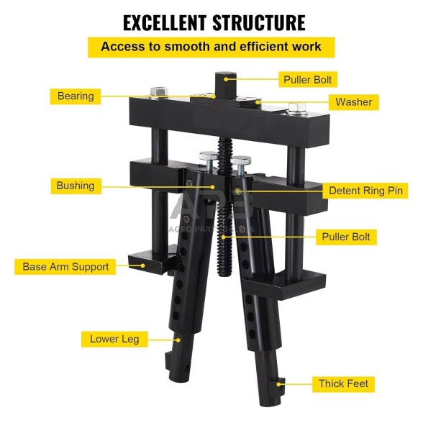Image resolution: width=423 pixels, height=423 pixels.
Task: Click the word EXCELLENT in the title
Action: (165, 23)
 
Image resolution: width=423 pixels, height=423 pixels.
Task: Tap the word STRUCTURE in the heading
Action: (259, 23)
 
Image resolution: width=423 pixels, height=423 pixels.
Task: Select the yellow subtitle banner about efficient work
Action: (211, 47)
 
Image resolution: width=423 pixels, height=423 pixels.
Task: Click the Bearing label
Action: (76, 96)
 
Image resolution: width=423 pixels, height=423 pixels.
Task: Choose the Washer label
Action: (354, 102)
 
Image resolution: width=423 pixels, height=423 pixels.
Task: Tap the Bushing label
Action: (76, 186)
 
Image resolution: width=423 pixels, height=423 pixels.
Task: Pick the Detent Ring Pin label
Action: (365, 191)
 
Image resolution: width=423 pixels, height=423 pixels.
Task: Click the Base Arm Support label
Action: (65, 267)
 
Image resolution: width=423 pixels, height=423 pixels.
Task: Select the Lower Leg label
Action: (114, 339)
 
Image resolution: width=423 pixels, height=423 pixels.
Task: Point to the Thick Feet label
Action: (343, 384)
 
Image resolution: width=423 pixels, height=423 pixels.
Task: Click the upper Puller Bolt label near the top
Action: (308, 79)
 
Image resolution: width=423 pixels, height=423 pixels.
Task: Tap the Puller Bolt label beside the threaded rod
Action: (346, 237)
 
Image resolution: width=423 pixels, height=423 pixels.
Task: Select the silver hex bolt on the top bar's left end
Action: (158, 92)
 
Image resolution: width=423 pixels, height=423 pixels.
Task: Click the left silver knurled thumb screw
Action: (209, 156)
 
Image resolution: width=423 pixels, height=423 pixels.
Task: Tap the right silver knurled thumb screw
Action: (240, 160)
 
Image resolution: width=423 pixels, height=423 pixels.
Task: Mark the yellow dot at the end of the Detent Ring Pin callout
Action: (237, 191)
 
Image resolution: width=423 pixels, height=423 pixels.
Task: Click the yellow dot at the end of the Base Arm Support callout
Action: (142, 265)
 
